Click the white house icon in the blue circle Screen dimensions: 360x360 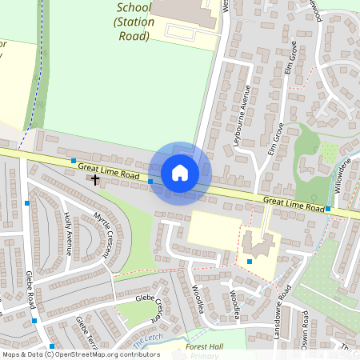pos(180,173)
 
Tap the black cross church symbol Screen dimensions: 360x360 pos(95,179)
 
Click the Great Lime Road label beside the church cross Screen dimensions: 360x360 pos(109,170)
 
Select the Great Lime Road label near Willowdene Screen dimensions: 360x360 pos(293,203)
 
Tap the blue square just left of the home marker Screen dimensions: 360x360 pos(150,181)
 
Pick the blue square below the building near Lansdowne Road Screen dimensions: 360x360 pos(250,262)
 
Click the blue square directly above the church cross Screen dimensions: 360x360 pos(74,161)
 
